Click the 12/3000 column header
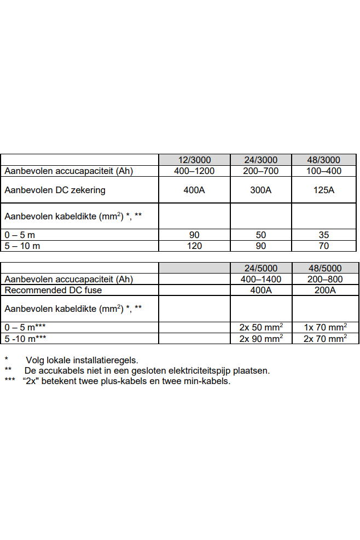coord(194,160)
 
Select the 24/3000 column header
coord(261,160)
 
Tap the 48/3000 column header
coord(323,160)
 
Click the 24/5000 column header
coord(261,268)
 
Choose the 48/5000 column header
coord(326,268)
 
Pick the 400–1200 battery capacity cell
coord(194,171)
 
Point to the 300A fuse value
coord(261,190)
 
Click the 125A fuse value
coord(323,190)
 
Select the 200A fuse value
coord(326,290)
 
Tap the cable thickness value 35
coord(323,235)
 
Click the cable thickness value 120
coord(194,246)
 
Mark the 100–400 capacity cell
coord(323,171)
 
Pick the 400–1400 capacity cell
coord(261,279)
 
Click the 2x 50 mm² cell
coord(261,327)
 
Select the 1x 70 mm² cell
coord(326,327)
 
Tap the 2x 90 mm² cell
coord(261,338)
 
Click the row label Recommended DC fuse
coord(53,290)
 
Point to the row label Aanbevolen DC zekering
coord(55,190)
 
